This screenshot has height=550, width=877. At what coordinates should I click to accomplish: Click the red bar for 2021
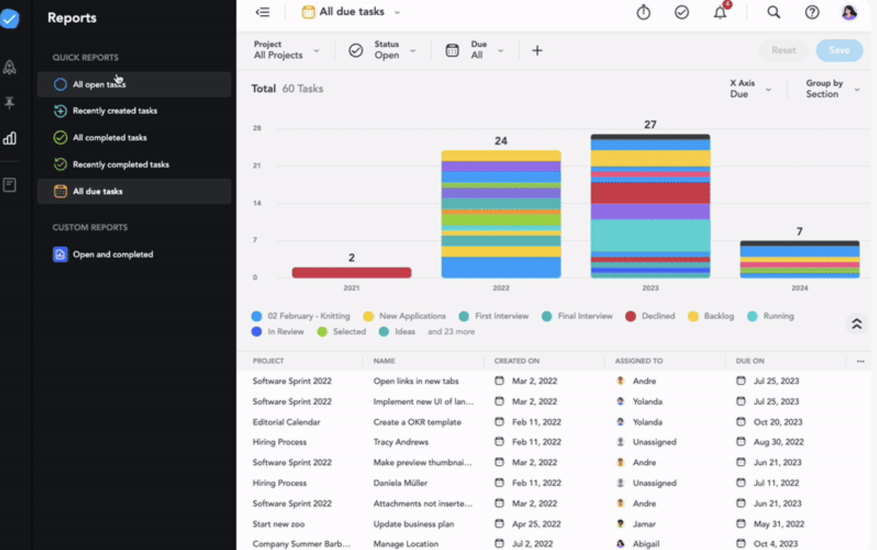pyautogui.click(x=352, y=272)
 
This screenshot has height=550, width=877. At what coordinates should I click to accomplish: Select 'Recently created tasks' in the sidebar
pyautogui.click(x=115, y=111)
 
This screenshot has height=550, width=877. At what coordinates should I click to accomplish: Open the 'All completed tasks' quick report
pyautogui.click(x=109, y=138)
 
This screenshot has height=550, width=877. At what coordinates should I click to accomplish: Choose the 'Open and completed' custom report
pyautogui.click(x=112, y=254)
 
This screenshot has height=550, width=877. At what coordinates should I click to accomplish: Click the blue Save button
pyautogui.click(x=839, y=50)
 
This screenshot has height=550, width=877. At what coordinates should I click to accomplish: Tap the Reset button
pyautogui.click(x=783, y=50)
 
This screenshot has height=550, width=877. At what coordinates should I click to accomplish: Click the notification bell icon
pyautogui.click(x=720, y=13)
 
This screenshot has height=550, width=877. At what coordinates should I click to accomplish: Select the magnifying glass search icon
pyautogui.click(x=773, y=12)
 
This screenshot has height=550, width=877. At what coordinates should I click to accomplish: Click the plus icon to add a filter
pyautogui.click(x=537, y=50)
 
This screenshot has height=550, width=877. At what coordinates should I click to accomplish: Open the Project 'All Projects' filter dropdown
pyautogui.click(x=286, y=50)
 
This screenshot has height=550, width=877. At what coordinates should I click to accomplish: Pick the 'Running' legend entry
pyautogui.click(x=778, y=316)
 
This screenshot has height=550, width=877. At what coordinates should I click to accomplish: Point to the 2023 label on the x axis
pyautogui.click(x=650, y=288)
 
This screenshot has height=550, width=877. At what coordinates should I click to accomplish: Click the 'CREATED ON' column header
pyautogui.click(x=517, y=361)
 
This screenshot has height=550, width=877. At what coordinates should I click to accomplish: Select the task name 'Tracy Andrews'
pyautogui.click(x=400, y=442)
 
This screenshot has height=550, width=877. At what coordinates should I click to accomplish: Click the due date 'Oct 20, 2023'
pyautogui.click(x=778, y=422)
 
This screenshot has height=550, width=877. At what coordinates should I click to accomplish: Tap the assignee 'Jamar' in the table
pyautogui.click(x=644, y=524)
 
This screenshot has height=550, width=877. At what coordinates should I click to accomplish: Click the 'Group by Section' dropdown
pyautogui.click(x=832, y=89)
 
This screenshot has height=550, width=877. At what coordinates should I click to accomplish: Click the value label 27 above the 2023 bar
pyautogui.click(x=650, y=125)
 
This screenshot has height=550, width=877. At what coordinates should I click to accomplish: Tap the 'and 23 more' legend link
pyautogui.click(x=451, y=331)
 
